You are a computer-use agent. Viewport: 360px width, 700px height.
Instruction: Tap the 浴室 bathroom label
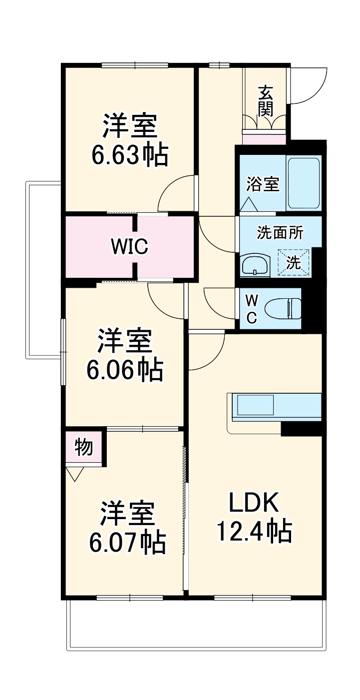pos(263,184)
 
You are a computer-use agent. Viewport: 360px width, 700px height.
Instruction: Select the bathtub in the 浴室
pos(303,183)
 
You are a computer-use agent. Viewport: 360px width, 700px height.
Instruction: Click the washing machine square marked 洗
pos(294,262)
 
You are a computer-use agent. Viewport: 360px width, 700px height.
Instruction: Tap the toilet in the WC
pos(284,308)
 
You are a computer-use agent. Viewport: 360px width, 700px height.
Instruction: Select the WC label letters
pos(252,308)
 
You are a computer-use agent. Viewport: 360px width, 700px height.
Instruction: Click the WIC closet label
pos(129,246)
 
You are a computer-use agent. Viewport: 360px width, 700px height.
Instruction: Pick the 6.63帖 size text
pos(129,156)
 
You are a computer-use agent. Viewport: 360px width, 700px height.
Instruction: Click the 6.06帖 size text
pos(124,370)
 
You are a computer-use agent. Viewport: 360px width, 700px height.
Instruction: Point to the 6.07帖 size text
pos(127,543)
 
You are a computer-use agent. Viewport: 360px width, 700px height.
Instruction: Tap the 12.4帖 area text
pos(254,532)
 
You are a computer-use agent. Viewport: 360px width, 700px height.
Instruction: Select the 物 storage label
pos(84,447)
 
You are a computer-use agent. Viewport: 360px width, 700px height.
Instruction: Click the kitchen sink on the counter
pos(255,405)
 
